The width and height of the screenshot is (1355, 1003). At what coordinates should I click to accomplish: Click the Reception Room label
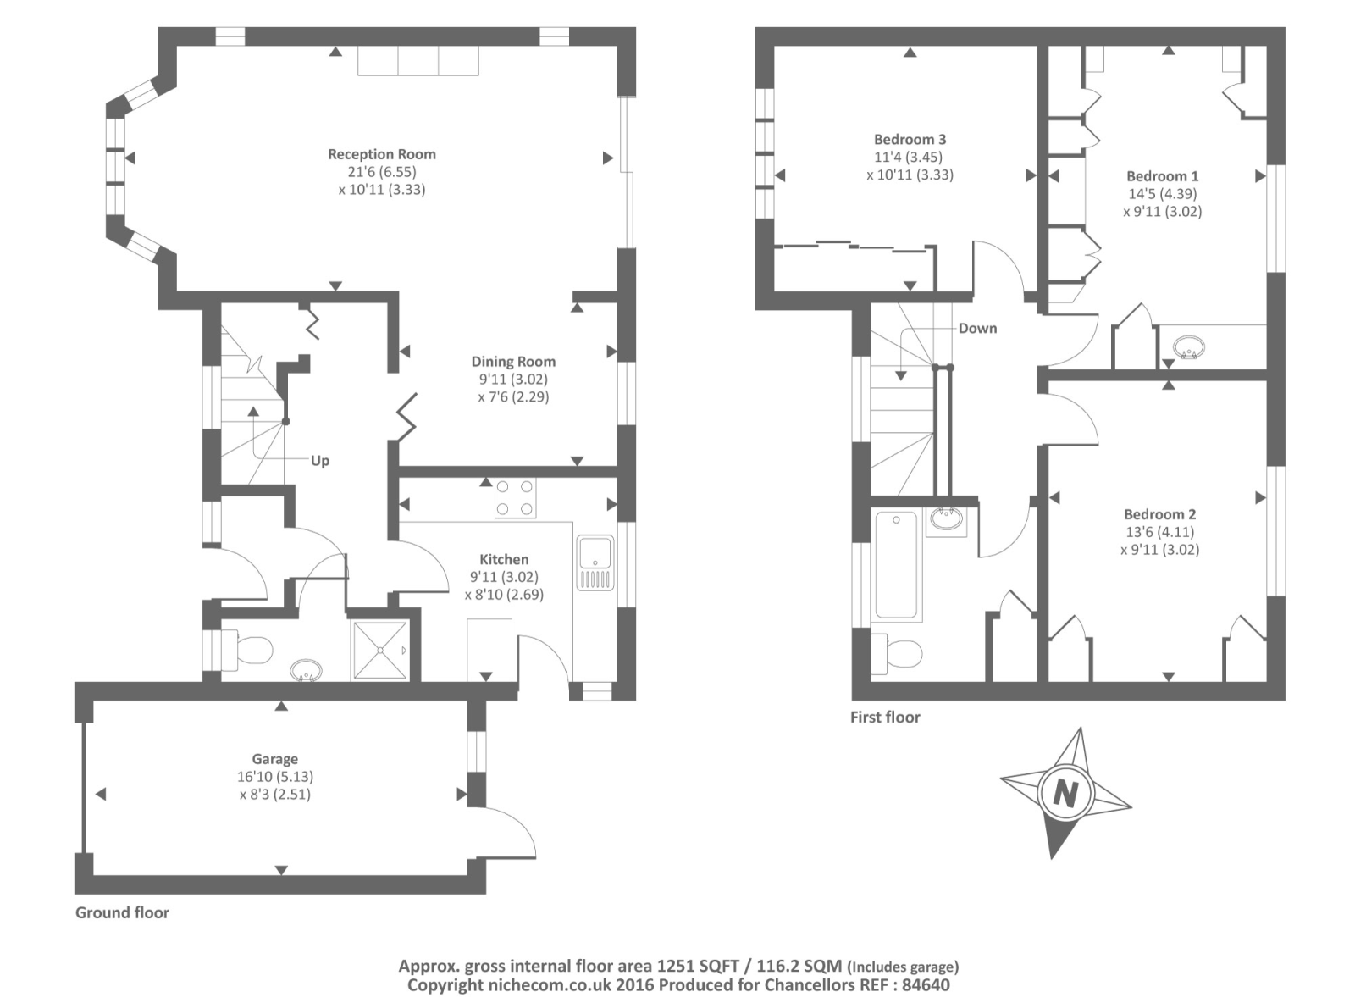(382, 154)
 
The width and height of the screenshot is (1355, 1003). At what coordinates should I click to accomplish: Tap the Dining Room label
(513, 361)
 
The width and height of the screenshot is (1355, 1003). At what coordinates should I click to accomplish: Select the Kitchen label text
(504, 559)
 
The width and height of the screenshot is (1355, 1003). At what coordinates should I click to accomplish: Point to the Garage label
(275, 759)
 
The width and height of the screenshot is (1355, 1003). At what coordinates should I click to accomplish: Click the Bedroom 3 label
(910, 140)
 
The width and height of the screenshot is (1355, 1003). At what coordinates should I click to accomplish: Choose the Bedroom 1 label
(1163, 177)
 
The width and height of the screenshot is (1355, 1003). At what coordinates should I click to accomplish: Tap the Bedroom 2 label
(1159, 515)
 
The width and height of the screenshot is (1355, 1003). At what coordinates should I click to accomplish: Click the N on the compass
(1065, 794)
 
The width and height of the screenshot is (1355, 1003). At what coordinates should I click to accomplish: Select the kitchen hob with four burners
(516, 497)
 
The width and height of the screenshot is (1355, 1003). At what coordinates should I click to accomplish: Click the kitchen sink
(595, 563)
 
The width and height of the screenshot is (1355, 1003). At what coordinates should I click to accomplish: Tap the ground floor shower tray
(380, 650)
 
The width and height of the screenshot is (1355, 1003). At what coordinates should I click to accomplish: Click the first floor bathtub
(896, 565)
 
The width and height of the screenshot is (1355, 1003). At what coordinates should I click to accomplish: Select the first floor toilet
(896, 653)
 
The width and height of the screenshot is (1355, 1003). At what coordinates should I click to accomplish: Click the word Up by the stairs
(320, 461)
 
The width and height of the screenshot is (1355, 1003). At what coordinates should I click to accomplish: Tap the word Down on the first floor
(977, 329)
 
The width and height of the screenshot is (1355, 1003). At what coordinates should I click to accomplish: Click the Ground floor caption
(122, 912)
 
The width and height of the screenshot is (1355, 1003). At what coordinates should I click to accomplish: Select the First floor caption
(885, 717)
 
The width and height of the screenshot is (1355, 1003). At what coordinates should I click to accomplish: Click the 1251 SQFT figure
(696, 966)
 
